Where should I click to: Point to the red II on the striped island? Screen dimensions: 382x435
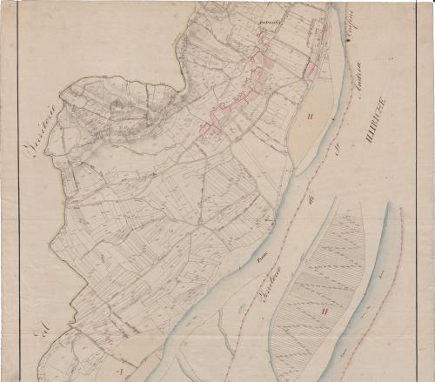(324, 309)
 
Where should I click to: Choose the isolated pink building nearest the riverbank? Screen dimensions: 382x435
(311, 70)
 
